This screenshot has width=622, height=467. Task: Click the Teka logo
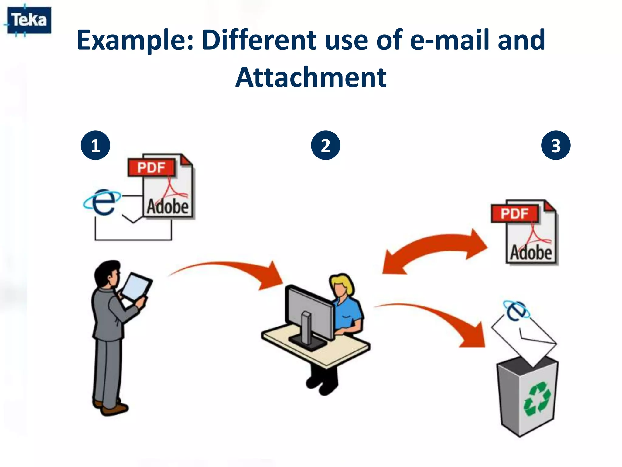pyautogui.click(x=29, y=20)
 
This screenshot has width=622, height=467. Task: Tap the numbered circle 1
pyautogui.click(x=95, y=145)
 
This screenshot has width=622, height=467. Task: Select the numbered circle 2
pyautogui.click(x=326, y=145)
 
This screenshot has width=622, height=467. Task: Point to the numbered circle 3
pyautogui.click(x=556, y=145)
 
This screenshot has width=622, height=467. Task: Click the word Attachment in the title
pyautogui.click(x=311, y=78)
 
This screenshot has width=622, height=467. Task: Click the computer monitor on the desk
pyautogui.click(x=310, y=313)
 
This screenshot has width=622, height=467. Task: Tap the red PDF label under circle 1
pyautogui.click(x=151, y=168)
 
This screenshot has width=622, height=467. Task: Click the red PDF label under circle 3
pyautogui.click(x=514, y=213)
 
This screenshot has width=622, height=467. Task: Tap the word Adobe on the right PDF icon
pyautogui.click(x=531, y=252)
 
